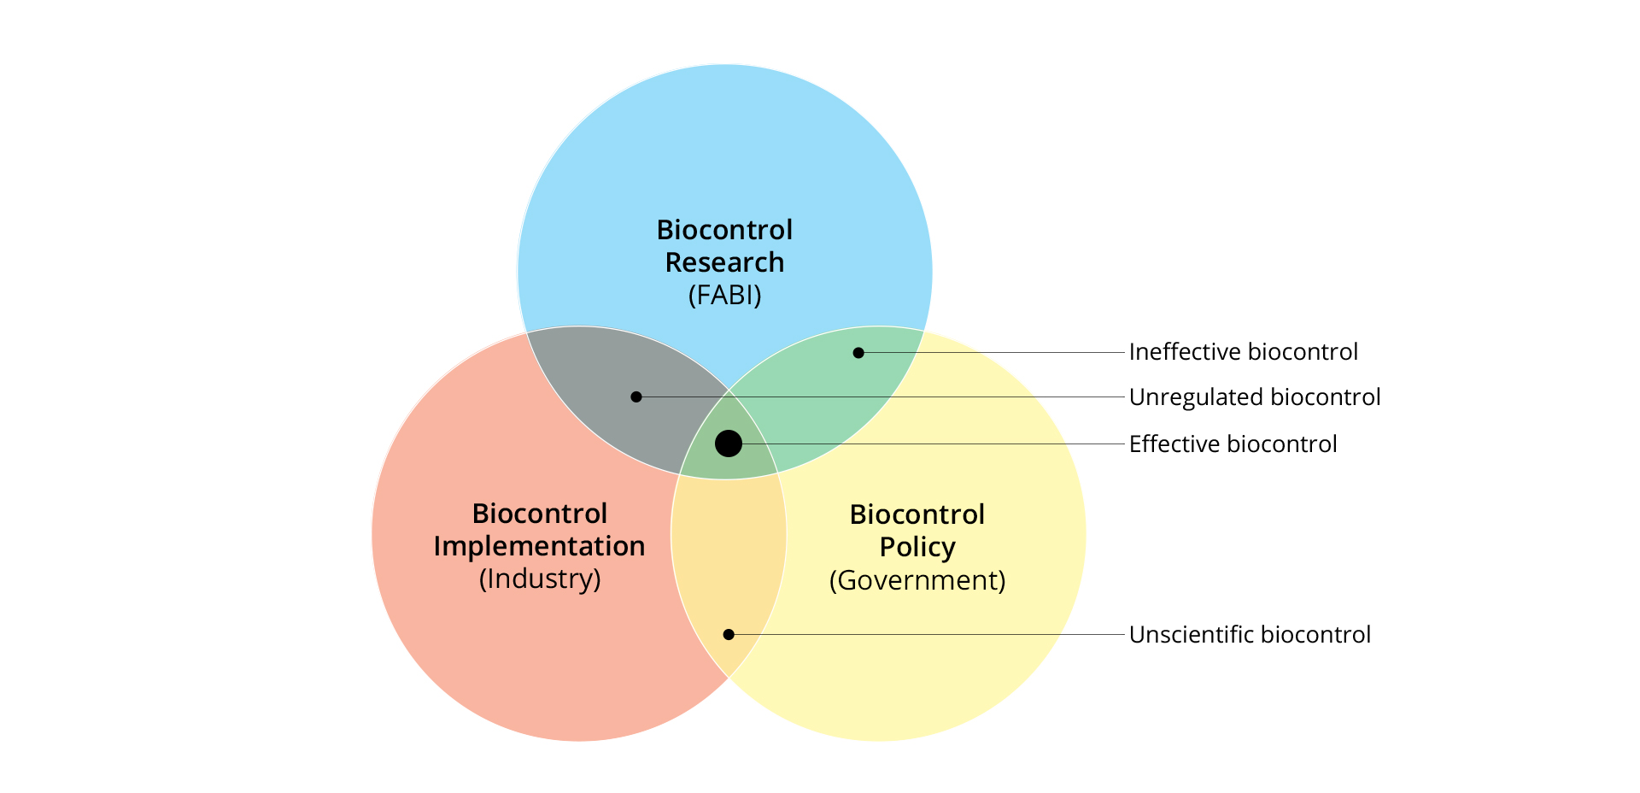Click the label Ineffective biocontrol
click(1243, 352)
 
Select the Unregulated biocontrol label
click(1255, 397)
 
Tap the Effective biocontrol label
click(1233, 444)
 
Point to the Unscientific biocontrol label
click(1250, 635)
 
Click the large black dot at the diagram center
click(729, 443)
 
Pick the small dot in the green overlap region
click(858, 353)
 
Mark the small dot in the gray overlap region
click(636, 397)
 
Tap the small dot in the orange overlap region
click(729, 635)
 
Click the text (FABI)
click(725, 296)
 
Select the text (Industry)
click(540, 579)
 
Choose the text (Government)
click(917, 581)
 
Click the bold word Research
click(725, 262)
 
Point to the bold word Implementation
click(540, 547)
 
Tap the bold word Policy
click(917, 548)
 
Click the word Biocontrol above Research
click(725, 230)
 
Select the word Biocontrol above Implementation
click(540, 514)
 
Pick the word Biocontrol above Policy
click(917, 514)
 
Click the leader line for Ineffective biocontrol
click(992, 353)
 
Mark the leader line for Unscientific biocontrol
click(927, 635)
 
